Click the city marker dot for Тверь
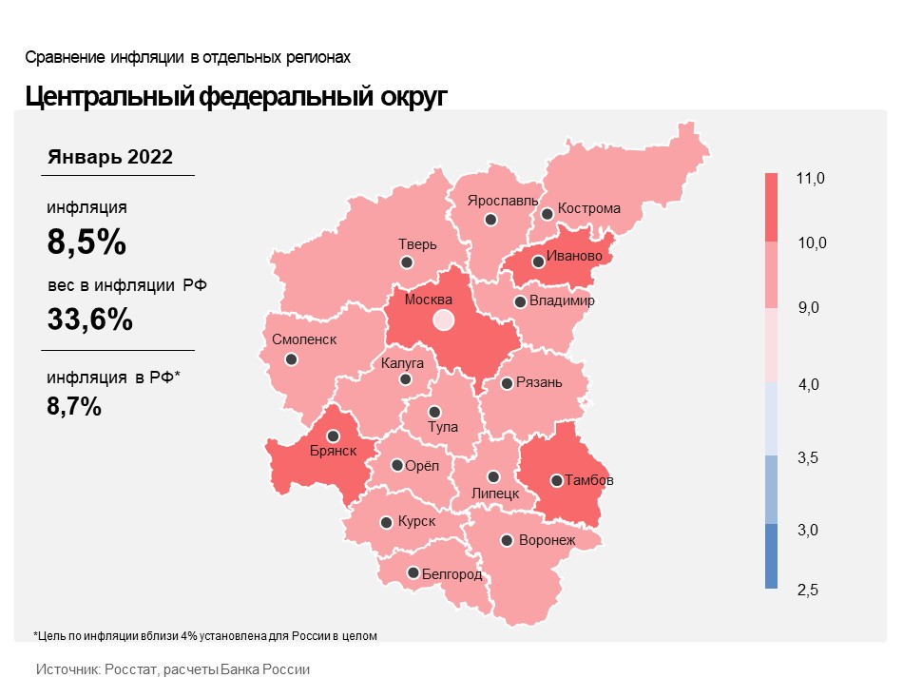407,262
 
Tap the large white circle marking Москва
443,320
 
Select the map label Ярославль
503,202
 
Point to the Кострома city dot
547,214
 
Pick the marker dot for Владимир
520,302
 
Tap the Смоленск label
303,339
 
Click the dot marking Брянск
333,436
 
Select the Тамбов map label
589,480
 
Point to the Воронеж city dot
508,540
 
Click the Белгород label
451,574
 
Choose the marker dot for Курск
386,523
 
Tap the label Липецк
495,494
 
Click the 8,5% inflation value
86,242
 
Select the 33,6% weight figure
89,320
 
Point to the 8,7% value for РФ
74,407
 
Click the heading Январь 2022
110,157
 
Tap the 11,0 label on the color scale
812,179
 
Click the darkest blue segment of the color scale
771,556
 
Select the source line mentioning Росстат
173,669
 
